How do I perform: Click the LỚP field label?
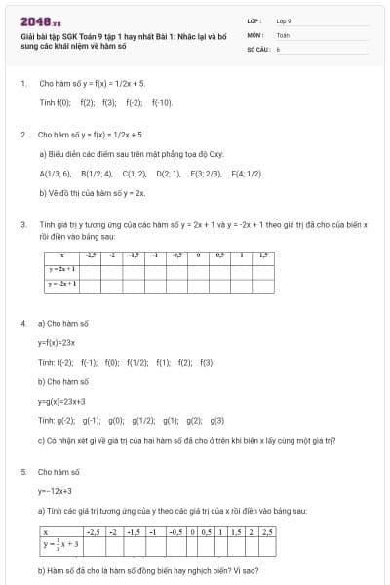pyautogui.click(x=253, y=20)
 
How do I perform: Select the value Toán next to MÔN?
pyautogui.click(x=283, y=34)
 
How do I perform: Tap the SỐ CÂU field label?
pyautogui.click(x=256, y=47)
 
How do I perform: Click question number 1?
pyautogui.click(x=22, y=84)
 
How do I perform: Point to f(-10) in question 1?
pyautogui.click(x=162, y=102)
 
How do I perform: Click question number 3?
pyautogui.click(x=22, y=224)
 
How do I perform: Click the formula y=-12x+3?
pyautogui.click(x=56, y=491)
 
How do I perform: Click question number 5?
pyautogui.click(x=22, y=472)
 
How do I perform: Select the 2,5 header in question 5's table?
pyautogui.click(x=268, y=532)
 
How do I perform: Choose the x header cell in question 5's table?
pyautogui.click(x=45, y=532)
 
